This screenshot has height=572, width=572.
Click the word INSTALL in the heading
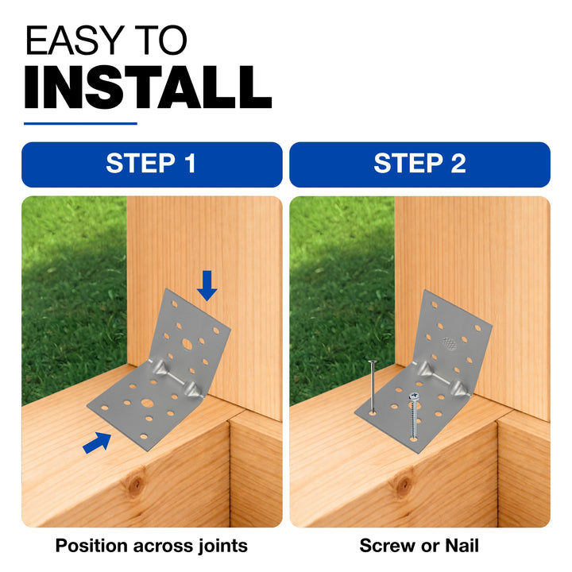[x=148, y=87]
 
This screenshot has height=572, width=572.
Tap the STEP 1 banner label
[x=151, y=164]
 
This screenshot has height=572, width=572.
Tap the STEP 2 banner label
[x=420, y=164]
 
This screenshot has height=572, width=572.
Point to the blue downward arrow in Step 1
[x=207, y=286]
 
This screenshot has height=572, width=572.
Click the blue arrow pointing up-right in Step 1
[x=98, y=443]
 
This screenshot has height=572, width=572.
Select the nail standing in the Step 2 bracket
[x=373, y=387]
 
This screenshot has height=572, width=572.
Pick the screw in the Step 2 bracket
[x=414, y=415]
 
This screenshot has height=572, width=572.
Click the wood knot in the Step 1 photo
[x=137, y=484]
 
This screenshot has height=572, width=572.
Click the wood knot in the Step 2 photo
[x=404, y=485]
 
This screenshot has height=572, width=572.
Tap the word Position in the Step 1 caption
[x=92, y=547]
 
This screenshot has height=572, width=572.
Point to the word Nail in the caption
[x=462, y=546]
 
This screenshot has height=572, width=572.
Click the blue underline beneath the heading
[x=80, y=124]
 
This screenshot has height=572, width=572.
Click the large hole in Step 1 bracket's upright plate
[x=187, y=344]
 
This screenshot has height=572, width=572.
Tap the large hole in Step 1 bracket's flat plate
[x=148, y=404]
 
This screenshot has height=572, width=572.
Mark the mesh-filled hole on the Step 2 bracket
[x=450, y=343]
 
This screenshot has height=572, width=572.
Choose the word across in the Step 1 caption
[x=164, y=547]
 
